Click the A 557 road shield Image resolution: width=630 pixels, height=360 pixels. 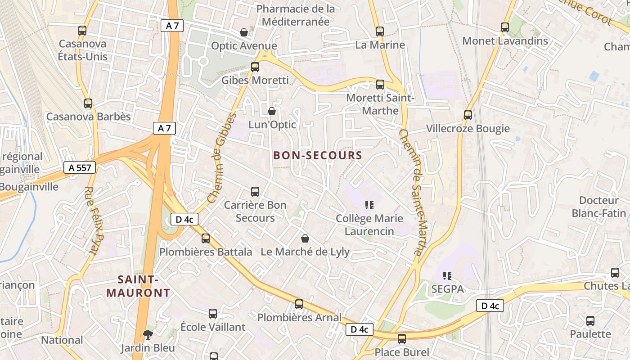point(80,168)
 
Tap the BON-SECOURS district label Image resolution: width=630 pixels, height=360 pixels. point(318,156)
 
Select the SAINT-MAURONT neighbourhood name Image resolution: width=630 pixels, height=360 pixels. point(138,286)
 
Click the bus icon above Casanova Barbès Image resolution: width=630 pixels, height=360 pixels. point(88,103)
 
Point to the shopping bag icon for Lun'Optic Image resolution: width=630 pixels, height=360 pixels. point(272,111)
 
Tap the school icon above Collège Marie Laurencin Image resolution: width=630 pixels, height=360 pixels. point(369,206)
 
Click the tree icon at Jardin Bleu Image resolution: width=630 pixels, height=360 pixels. point(147,334)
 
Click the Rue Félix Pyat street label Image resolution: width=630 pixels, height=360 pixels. point(95,220)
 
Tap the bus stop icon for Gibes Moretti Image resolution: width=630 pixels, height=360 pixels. point(255,67)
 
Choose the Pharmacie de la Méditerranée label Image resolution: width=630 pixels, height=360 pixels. point(296,15)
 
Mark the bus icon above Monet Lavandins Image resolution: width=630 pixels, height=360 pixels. point(505,27)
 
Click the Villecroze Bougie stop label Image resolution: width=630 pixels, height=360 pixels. point(468,129)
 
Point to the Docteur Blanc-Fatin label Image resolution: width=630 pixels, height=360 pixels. point(599,207)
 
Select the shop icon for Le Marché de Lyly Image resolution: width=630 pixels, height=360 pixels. point(305,238)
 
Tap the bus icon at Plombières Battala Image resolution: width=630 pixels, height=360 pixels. point(206,238)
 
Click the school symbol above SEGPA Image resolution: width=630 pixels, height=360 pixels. point(447,275)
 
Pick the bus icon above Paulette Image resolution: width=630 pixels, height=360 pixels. point(590,321)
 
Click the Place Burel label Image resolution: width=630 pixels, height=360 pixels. point(402,352)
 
